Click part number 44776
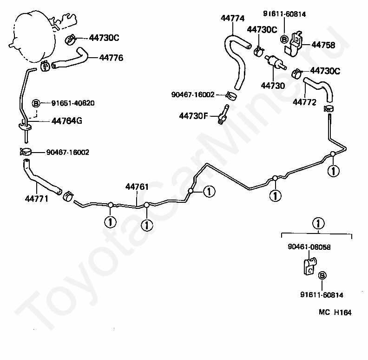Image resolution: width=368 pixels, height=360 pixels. coord(111,58)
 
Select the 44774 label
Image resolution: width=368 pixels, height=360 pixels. coord(232,18)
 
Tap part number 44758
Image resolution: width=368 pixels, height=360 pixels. coord(323,45)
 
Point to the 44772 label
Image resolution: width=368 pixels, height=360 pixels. coord(304,102)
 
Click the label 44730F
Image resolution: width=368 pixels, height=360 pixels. coord(193,116)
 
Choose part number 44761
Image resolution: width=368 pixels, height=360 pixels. coord(137,187)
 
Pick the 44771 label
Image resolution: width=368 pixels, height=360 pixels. coord(36,199)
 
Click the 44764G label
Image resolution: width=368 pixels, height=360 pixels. coord(66,121)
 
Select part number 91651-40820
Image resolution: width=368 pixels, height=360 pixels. coord(73,103)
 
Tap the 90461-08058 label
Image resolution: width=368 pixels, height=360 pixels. coord(309,247)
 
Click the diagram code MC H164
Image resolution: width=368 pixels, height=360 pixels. coord(335,312)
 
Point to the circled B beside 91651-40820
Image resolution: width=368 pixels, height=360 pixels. coord(36,103)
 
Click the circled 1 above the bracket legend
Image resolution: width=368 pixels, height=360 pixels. coord(318,223)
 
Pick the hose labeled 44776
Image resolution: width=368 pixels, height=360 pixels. coord(70,60)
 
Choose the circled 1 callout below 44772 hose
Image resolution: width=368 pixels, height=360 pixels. coord(333,171)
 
